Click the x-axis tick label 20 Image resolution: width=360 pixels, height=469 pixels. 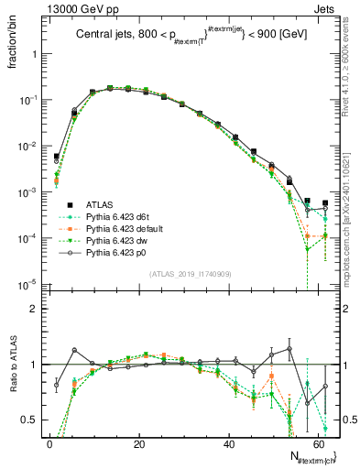(138, 443)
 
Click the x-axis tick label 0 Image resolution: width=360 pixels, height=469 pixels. (49, 443)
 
